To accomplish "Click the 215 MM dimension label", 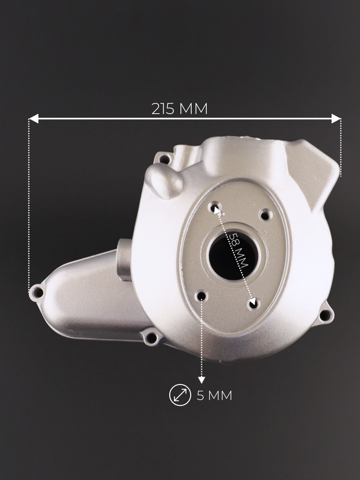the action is point(180,109).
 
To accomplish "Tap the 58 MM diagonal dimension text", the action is point(239,250).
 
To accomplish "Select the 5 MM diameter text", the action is point(214,396).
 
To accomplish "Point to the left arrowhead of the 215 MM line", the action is point(34,118).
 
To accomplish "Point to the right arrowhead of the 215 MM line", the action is point(336,118).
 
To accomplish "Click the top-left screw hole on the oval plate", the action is point(215,207).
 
